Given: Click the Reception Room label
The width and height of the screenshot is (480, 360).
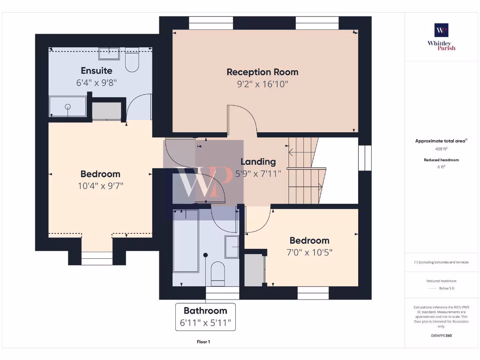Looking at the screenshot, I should click(262, 72).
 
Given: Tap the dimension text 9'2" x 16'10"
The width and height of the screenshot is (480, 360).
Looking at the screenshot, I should click(262, 84).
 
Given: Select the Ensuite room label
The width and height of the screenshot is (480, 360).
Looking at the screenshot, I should click(97, 71).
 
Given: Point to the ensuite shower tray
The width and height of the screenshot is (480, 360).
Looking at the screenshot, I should click(68, 107).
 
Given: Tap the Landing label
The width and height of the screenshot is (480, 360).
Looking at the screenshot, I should click(258, 162).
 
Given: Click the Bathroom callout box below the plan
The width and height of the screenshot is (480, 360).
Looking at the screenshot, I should click(205, 317).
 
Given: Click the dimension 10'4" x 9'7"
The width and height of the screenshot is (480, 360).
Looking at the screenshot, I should click(100, 186).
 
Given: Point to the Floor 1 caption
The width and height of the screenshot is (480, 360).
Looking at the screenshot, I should click(203, 342).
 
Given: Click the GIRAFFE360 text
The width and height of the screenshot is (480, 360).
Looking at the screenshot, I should click(441, 336).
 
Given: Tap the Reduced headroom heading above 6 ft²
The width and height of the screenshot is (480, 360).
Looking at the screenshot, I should click(441, 160).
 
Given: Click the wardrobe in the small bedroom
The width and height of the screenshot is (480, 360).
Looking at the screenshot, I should click(254, 270).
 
